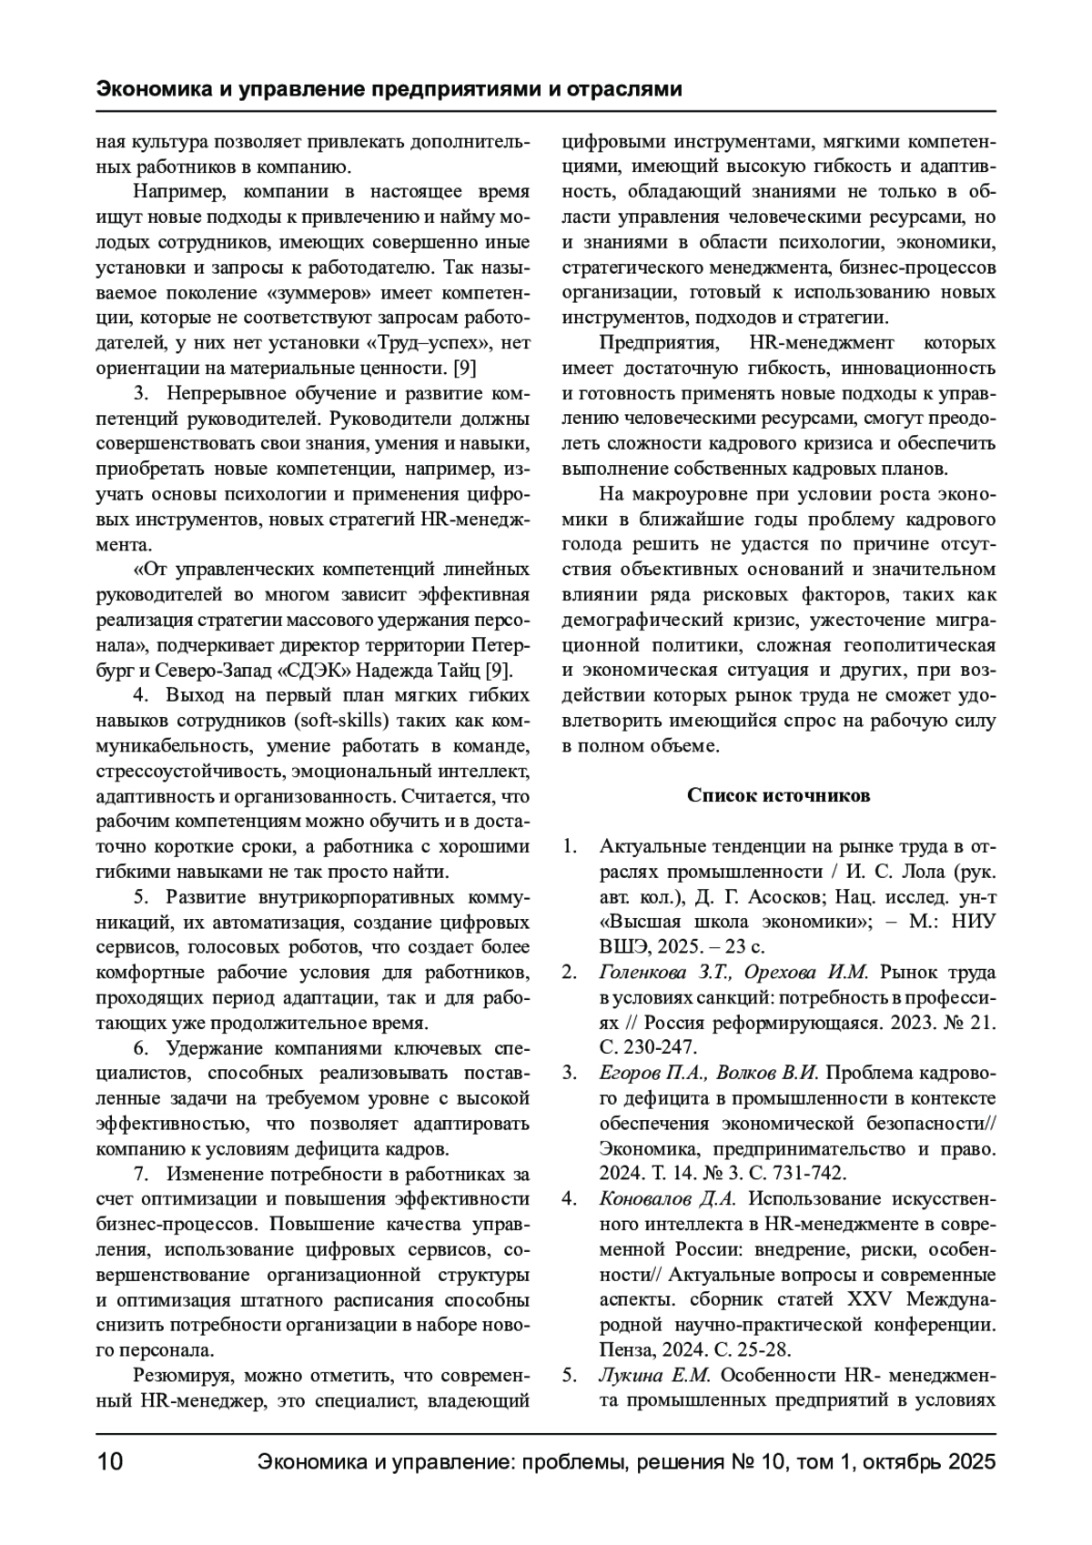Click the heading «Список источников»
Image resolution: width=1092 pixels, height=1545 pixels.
pos(778,796)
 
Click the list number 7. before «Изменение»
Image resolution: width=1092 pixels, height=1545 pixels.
pos(143,1174)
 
